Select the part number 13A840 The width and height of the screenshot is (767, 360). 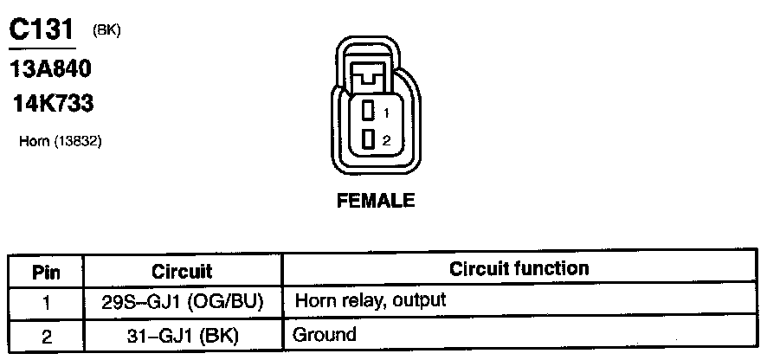pyautogui.click(x=50, y=68)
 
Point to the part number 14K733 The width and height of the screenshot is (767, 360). pyautogui.click(x=53, y=104)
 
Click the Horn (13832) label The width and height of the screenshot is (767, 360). pyautogui.click(x=61, y=141)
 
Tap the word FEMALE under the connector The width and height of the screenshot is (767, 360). pyautogui.click(x=375, y=201)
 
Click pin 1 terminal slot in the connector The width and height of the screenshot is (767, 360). pyautogui.click(x=367, y=111)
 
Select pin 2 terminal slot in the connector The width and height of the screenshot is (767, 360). pyautogui.click(x=367, y=138)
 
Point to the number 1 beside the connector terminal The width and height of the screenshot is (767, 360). pyautogui.click(x=386, y=112)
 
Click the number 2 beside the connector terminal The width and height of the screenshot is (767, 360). pyautogui.click(x=387, y=139)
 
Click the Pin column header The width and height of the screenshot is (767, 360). pyautogui.click(x=45, y=272)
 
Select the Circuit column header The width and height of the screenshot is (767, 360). pyautogui.click(x=182, y=272)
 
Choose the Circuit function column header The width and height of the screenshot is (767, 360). pyautogui.click(x=519, y=268)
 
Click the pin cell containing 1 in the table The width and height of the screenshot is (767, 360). pyautogui.click(x=45, y=302)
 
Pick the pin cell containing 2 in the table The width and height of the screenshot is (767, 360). pyautogui.click(x=45, y=334)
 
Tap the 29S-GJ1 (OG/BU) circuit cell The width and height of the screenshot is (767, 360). pyautogui.click(x=182, y=302)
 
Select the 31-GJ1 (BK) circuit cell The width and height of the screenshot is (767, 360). pyautogui.click(x=182, y=334)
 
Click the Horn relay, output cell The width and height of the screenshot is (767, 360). pyautogui.click(x=371, y=302)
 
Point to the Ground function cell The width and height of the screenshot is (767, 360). pyautogui.click(x=325, y=334)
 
